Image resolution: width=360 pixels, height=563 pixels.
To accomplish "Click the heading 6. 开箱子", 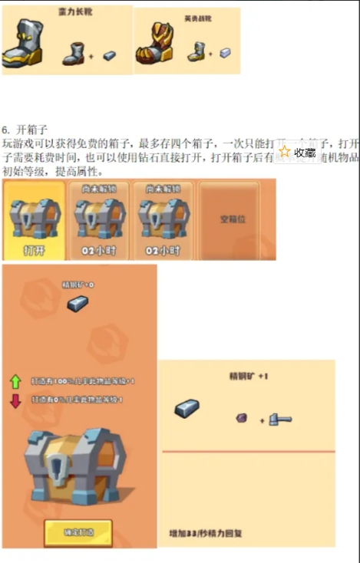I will (25, 130).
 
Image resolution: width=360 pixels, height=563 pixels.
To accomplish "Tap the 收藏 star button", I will (298, 152).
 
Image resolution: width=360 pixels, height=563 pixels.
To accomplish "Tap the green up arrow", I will (15, 381).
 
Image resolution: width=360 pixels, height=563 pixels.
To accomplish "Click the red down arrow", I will (15, 400).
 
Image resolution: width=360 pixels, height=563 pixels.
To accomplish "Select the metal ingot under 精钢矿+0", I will (78, 303).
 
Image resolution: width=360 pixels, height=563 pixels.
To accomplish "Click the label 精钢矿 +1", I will (248, 376).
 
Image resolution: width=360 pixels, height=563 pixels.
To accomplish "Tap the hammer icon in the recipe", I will (279, 419).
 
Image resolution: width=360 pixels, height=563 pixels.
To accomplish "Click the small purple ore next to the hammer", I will (242, 418).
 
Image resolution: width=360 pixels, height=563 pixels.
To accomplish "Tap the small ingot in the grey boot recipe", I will (110, 56).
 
